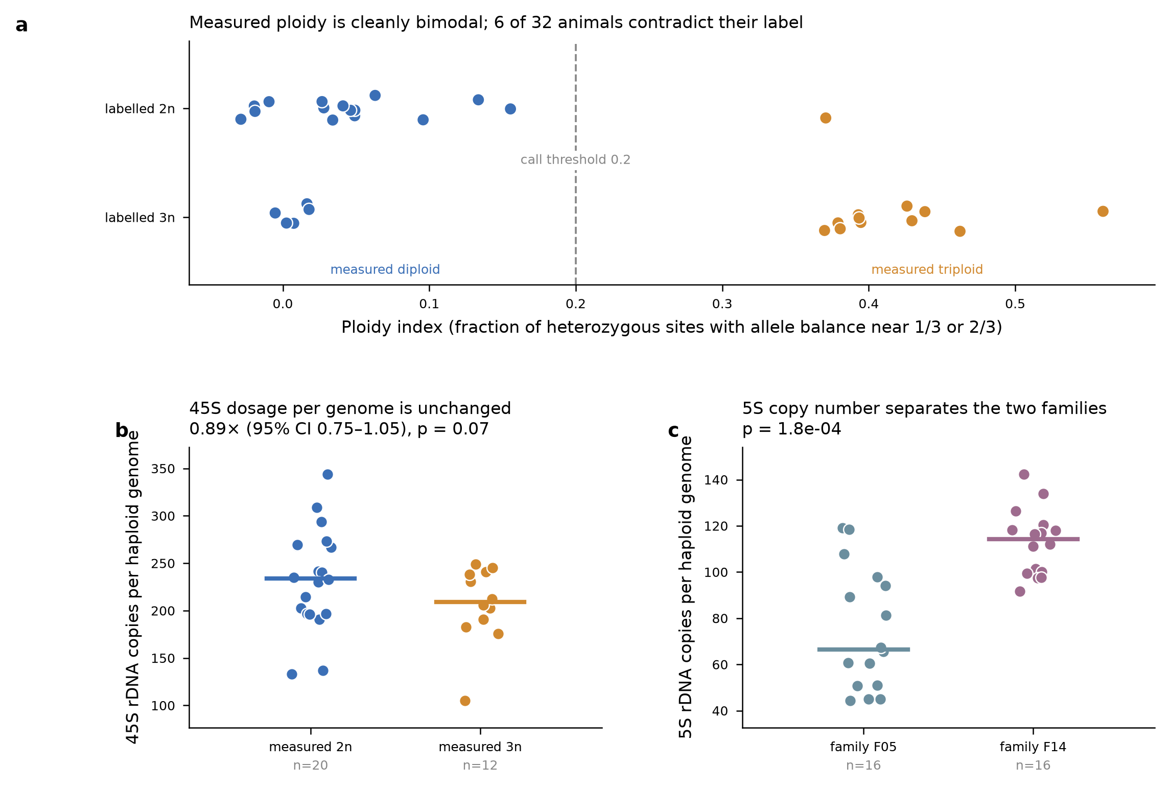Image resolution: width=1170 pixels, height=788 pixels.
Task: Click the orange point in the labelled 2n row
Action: point(826,118)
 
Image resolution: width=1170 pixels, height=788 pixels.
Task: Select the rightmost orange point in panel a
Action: point(1103,212)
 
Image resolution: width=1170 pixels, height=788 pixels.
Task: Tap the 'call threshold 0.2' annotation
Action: point(575,160)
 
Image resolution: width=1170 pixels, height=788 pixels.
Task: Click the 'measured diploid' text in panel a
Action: point(385,269)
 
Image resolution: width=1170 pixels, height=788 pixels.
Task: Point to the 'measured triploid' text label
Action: point(927,269)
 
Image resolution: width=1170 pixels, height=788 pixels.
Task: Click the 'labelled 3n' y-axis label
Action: point(139,218)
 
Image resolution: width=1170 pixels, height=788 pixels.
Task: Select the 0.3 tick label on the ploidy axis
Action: point(722,304)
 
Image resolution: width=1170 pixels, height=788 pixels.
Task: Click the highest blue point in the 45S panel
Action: point(327,475)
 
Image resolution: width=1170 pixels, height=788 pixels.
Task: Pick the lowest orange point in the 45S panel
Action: point(465,701)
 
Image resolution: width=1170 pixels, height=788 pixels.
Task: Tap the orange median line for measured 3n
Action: point(480,602)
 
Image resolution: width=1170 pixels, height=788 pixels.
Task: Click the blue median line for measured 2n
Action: point(311,578)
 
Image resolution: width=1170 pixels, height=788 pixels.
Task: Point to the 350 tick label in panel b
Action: point(163,469)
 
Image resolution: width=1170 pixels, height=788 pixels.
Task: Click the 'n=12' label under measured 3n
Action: point(480,766)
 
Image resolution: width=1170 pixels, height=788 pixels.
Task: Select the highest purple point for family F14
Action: point(1024,475)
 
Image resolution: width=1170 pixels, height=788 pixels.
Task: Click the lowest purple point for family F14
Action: point(1020,592)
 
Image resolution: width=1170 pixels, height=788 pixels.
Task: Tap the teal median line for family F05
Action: point(863,650)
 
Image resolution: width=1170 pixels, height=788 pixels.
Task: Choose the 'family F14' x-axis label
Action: point(1033,747)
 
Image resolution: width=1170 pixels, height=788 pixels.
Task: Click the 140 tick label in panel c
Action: point(716,480)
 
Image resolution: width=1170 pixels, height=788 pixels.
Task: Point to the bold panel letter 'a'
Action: point(21,25)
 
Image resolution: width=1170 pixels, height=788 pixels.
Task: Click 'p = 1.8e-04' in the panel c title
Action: point(791,429)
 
